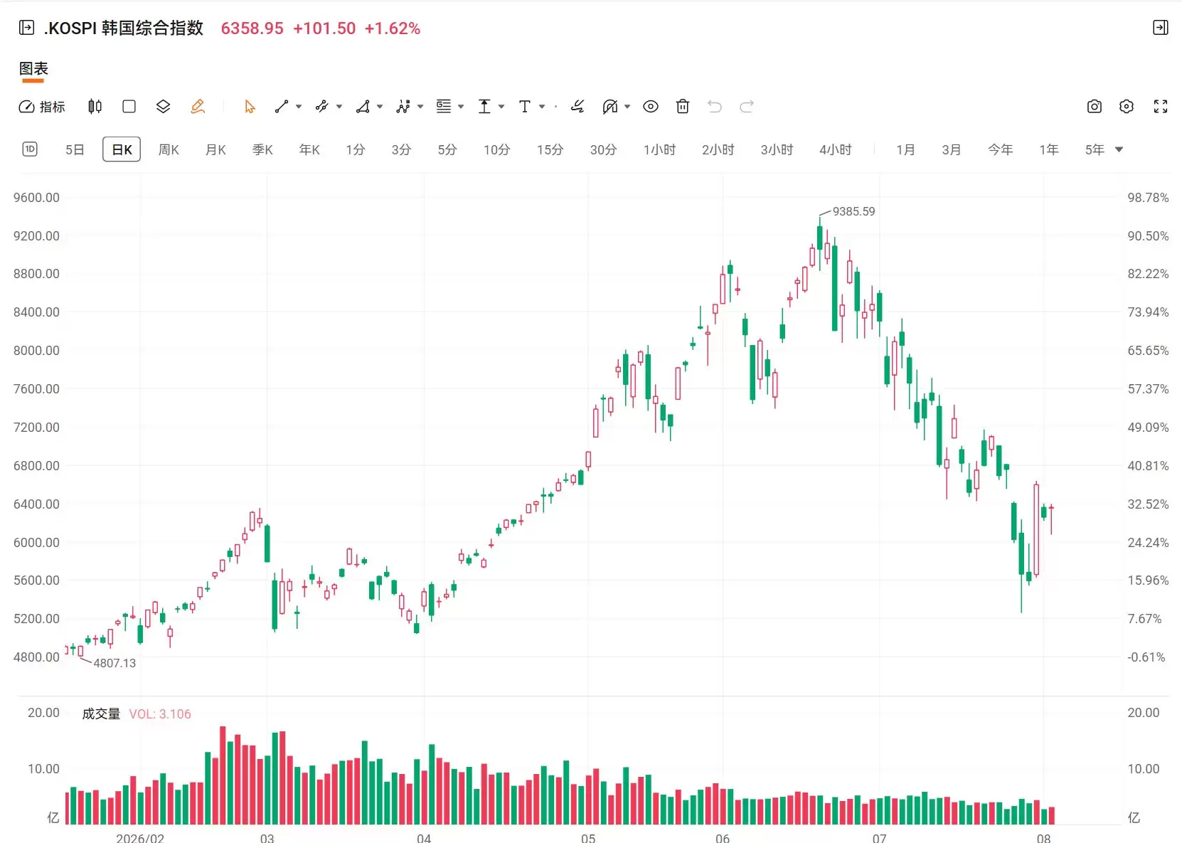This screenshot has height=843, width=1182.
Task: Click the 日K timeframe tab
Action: coord(122,149)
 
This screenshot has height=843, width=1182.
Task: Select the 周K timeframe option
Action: coord(169,150)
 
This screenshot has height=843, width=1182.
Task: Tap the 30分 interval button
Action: coord(603,150)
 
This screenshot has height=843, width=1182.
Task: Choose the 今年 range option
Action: coord(1000,150)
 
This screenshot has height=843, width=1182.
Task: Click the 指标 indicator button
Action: coord(42,107)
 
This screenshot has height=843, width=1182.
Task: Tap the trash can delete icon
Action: coord(682,107)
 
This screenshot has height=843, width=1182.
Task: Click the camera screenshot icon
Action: coord(1095,107)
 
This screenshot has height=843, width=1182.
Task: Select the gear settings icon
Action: coord(1126,107)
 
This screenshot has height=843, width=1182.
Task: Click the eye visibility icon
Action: coord(650,107)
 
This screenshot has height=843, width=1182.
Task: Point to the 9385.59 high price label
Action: coord(853,211)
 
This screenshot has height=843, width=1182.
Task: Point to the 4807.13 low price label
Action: coord(115,663)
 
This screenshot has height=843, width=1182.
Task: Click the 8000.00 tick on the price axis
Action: coord(36,351)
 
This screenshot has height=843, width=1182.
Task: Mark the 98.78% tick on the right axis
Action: coord(1148,198)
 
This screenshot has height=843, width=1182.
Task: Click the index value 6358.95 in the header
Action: coord(252,28)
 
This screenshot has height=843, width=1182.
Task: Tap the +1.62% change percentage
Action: coord(392,28)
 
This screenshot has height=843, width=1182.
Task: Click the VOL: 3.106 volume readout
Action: coord(160,714)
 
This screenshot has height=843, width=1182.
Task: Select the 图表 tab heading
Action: coord(33,68)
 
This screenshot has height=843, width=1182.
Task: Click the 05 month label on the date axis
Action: coord(588,838)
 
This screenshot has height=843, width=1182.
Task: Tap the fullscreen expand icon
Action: coord(1161,107)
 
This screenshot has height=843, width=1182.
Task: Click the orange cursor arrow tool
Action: coord(250,107)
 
